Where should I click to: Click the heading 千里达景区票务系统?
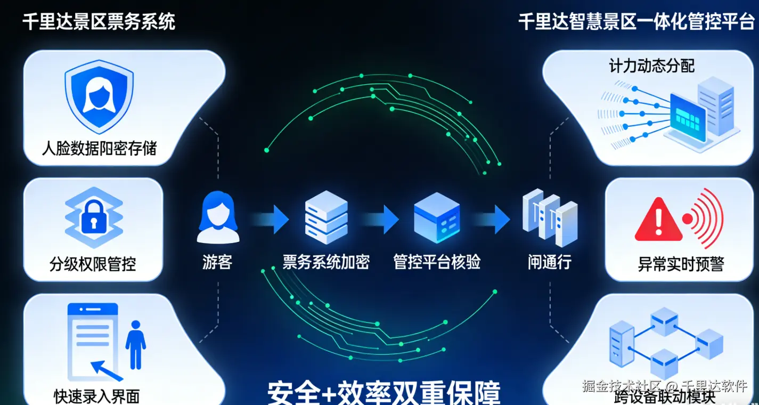point(99,22)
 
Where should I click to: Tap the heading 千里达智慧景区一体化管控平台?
point(636,22)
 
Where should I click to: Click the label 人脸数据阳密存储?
point(99,148)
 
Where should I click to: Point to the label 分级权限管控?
point(93,263)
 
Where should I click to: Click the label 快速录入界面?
point(96,396)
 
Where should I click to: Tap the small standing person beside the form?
point(135,344)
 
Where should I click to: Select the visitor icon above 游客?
point(217,217)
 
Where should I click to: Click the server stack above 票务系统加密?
point(326,217)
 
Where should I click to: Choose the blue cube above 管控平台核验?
point(437,217)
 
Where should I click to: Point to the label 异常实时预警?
point(681,264)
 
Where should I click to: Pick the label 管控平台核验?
point(437,262)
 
